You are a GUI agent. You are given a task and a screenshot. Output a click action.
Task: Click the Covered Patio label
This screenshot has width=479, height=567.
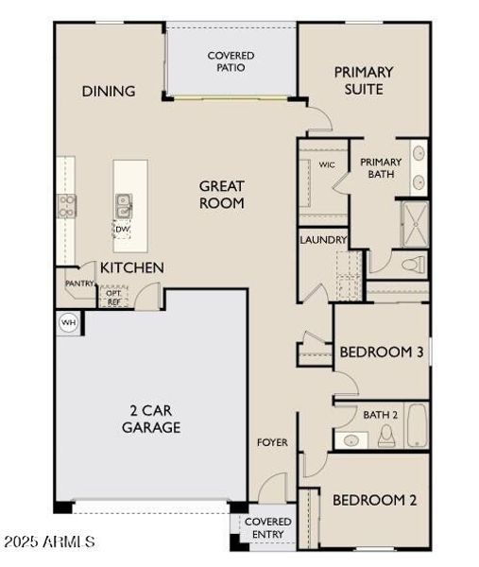pos(231,61)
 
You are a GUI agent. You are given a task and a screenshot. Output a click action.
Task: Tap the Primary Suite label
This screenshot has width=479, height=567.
pos(364,80)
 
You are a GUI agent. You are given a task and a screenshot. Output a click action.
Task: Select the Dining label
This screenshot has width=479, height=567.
pos(109,92)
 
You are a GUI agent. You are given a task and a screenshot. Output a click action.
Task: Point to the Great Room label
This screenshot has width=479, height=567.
pos(222,194)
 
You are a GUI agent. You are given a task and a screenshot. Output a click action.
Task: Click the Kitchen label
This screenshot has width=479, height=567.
pos(131,268)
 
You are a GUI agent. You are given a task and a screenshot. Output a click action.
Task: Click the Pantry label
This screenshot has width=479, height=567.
pos(79,283)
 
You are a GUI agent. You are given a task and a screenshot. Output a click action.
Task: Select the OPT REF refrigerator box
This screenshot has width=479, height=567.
pos(113,297)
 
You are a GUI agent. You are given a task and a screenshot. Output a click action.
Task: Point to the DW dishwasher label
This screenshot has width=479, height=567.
pos(122,229)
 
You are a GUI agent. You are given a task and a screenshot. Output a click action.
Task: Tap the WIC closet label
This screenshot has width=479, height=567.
pos(327,164)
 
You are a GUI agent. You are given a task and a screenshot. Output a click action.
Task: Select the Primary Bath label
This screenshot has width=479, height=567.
pos(381,168)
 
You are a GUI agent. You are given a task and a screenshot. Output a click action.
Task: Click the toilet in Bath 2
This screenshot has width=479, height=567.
pos(385,436)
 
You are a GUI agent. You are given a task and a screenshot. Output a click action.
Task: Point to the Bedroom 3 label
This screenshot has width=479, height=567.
pos(380,352)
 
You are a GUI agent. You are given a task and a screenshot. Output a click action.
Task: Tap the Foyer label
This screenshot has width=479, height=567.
pos(273,441)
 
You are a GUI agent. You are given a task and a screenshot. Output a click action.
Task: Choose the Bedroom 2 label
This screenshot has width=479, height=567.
pos(374,500)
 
